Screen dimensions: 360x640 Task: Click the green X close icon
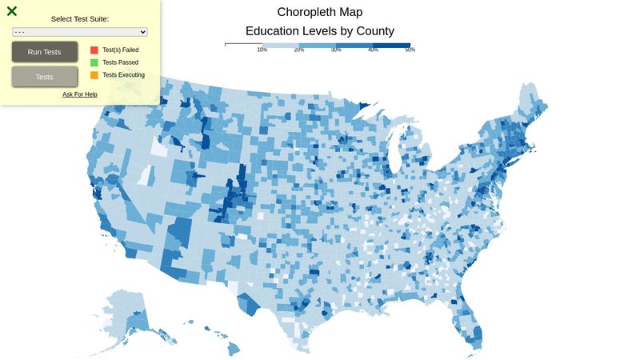click(12, 11)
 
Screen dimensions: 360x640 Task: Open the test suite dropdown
click(80, 32)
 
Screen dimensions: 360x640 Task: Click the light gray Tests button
click(45, 77)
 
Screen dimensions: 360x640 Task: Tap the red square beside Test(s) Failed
click(94, 50)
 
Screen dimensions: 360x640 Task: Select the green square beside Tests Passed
click(94, 62)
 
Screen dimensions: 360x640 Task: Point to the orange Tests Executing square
click(94, 75)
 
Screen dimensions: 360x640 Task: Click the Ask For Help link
click(80, 94)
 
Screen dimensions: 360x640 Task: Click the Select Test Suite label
click(80, 18)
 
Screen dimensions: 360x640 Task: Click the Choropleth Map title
click(320, 12)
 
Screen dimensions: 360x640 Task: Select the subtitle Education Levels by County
click(320, 31)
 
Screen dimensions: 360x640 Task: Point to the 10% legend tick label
click(262, 50)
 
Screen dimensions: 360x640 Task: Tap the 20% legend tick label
click(299, 50)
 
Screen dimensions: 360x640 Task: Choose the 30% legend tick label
click(336, 50)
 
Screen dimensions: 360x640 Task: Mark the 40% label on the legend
click(373, 50)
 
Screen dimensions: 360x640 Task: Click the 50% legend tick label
click(410, 50)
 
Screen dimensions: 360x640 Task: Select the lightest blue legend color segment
click(280, 45)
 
